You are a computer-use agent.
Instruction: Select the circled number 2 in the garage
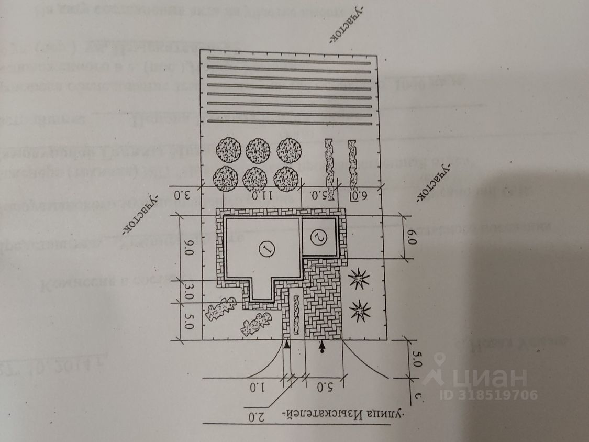click(x=320, y=237)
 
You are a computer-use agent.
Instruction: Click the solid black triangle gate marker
click(x=287, y=345)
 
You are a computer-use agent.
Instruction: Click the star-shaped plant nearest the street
click(x=359, y=312)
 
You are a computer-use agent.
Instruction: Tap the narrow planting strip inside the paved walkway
click(x=296, y=315)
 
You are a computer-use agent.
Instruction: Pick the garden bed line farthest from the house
click(x=288, y=58)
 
